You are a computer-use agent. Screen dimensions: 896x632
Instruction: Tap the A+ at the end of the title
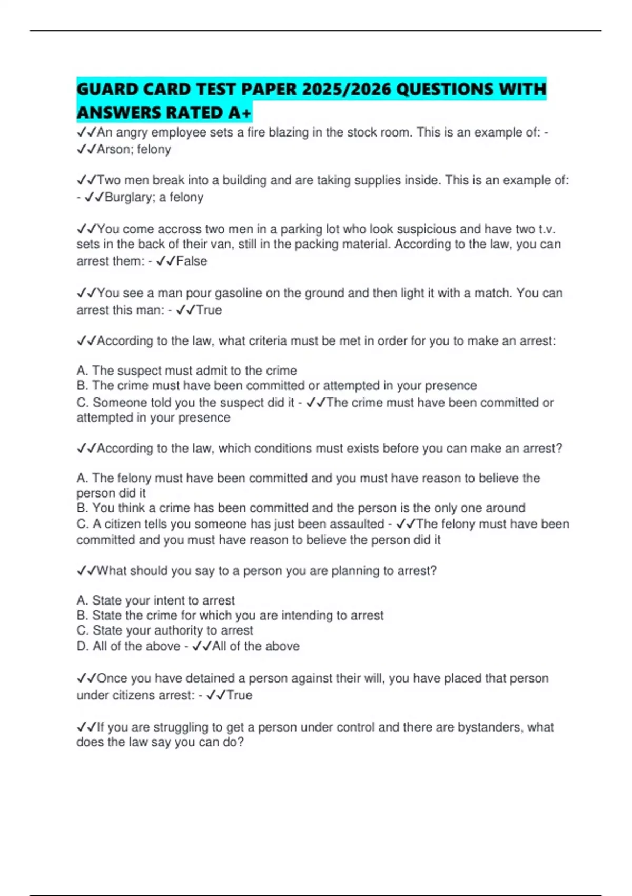pyautogui.click(x=240, y=112)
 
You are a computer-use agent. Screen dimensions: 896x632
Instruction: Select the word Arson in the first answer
pyautogui.click(x=113, y=150)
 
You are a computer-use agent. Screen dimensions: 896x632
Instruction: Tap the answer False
pyautogui.click(x=192, y=261)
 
